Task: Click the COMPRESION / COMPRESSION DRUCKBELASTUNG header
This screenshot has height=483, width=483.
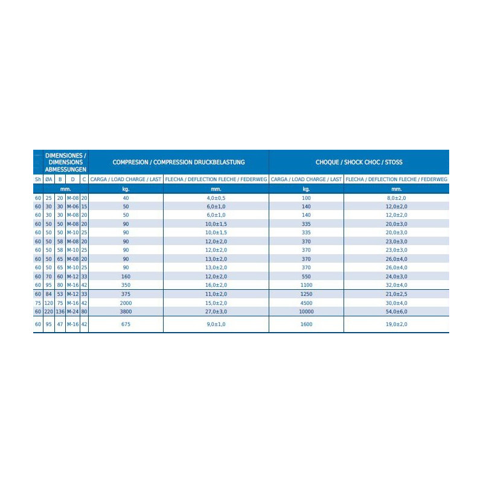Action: click(178, 162)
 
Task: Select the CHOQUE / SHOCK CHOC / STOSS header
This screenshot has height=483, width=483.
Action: click(359, 162)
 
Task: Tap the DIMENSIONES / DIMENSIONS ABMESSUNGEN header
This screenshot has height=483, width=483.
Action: click(66, 162)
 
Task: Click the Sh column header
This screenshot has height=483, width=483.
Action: click(38, 179)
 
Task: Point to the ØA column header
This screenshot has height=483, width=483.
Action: click(48, 179)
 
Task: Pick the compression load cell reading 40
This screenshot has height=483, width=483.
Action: click(126, 199)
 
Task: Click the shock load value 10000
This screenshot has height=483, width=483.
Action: click(306, 312)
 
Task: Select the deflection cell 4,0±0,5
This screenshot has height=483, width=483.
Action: click(216, 199)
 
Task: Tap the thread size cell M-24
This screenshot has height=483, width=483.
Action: click(72, 312)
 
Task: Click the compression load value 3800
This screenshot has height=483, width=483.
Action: click(126, 312)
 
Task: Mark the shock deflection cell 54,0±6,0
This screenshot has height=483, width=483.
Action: click(397, 312)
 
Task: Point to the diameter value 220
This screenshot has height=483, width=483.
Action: click(48, 312)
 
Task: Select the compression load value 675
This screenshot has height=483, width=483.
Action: click(126, 324)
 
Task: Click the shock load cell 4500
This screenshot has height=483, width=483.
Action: click(306, 303)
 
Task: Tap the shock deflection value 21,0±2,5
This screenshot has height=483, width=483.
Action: click(397, 294)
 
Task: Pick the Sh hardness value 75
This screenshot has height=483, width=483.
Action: click(38, 303)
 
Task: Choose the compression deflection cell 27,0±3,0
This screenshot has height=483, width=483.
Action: click(216, 312)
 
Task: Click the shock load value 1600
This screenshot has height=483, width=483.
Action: click(306, 324)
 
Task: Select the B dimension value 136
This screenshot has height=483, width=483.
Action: click(60, 312)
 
